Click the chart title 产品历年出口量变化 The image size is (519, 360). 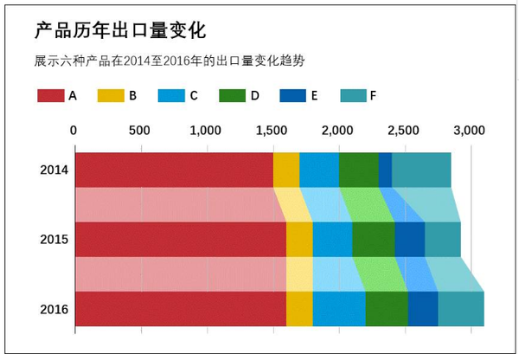[120, 32]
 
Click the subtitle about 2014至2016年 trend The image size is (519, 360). [169, 61]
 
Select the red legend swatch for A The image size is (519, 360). [51, 95]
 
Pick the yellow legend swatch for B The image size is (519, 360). [110, 95]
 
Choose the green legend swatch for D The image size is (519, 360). [233, 95]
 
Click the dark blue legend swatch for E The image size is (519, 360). [293, 95]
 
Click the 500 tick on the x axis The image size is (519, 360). [139, 131]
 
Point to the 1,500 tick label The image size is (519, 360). [271, 131]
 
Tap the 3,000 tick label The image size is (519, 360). [468, 131]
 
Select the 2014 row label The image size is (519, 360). [54, 170]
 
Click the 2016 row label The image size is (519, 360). [54, 309]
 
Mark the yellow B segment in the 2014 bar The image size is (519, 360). [286, 170]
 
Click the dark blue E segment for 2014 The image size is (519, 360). [385, 170]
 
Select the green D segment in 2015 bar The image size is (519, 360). [374, 240]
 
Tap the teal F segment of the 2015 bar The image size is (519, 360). [443, 240]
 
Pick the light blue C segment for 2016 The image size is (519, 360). [339, 309]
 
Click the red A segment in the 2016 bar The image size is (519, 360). [181, 309]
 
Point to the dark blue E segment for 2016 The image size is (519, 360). [423, 309]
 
